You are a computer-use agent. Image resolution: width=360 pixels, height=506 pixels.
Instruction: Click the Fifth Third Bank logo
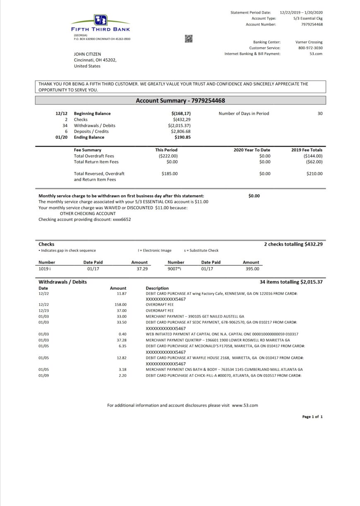click(x=100, y=24)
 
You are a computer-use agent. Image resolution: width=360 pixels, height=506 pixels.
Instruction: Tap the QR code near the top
click(x=189, y=39)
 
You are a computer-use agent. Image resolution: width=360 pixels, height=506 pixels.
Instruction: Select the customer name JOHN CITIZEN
click(x=87, y=54)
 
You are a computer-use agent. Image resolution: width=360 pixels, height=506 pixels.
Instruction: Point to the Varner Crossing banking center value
click(x=309, y=42)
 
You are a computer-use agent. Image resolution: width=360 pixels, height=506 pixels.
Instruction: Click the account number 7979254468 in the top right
click(x=312, y=24)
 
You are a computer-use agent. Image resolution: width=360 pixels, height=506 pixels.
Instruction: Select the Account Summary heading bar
click(x=180, y=100)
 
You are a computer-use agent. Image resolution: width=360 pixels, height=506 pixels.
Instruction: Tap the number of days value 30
click(x=320, y=114)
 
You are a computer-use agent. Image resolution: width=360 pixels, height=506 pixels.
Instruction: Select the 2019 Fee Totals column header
click(x=307, y=150)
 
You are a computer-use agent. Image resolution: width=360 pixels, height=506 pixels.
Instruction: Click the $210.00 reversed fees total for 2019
click(x=314, y=174)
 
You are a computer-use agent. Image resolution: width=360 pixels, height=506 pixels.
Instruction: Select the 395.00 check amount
click(x=252, y=269)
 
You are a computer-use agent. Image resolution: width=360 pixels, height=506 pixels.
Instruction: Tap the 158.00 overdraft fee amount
click(x=121, y=304)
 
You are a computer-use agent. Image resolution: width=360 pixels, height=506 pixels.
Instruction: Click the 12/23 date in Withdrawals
click(x=43, y=310)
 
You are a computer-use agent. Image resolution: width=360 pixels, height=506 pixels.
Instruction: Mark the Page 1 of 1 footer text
click(x=312, y=417)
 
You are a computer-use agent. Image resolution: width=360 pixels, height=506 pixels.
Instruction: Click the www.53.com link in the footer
click(x=245, y=406)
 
